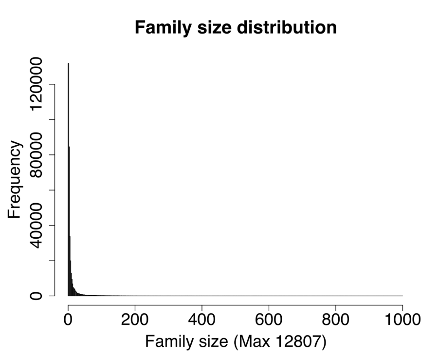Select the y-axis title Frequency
tap(15, 180)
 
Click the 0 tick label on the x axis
tap(68, 321)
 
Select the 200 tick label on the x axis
tap(135, 321)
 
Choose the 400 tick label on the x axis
tap(202, 321)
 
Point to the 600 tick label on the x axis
tap(269, 321)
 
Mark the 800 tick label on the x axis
tap(336, 321)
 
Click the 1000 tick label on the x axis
tap(402, 321)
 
